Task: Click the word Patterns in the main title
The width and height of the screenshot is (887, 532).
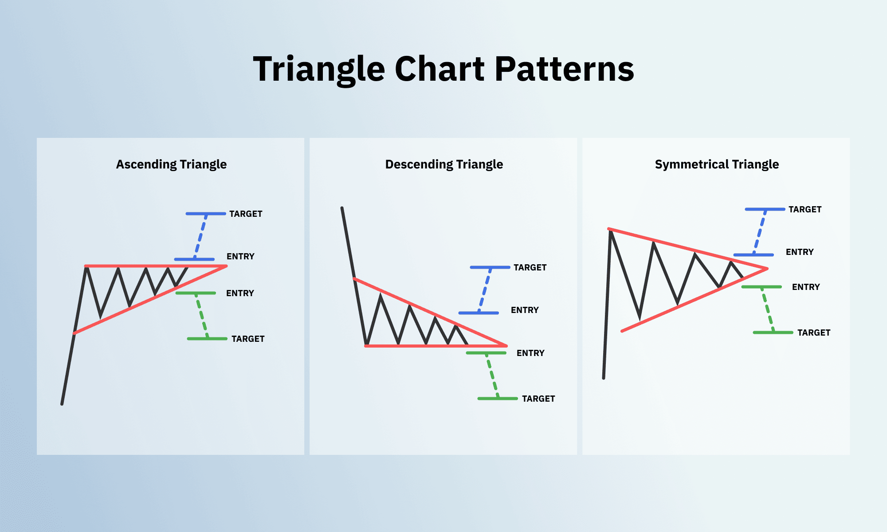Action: tap(564, 69)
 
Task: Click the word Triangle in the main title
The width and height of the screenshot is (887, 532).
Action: tap(318, 69)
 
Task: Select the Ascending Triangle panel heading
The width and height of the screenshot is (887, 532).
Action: tap(171, 164)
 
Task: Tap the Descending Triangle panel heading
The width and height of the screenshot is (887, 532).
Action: tap(444, 164)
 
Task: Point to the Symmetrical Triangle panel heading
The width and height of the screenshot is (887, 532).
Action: tap(717, 164)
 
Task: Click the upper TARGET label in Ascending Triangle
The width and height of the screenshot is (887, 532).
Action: tap(246, 214)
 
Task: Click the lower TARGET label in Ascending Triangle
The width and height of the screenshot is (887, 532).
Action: tap(248, 339)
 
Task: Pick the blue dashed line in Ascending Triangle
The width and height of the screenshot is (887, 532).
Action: tap(200, 236)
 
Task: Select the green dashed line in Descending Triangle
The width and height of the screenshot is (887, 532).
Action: tap(492, 376)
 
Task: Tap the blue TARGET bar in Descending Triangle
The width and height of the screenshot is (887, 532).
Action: tap(490, 267)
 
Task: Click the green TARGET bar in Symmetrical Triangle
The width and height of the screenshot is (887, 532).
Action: tap(773, 332)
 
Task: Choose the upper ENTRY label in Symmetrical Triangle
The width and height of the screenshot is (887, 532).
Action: tap(800, 252)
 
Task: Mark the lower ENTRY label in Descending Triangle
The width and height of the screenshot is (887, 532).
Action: tap(530, 353)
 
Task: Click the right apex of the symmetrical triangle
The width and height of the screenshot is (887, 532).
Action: tap(766, 269)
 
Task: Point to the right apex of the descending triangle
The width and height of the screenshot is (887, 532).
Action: tap(506, 345)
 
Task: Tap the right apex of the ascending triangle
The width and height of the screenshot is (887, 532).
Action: tap(226, 266)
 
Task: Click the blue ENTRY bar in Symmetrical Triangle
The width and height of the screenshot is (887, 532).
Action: tap(753, 255)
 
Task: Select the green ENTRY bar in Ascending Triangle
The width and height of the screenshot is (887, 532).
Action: tap(196, 293)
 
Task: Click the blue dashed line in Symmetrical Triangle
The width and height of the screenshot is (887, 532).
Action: tap(760, 232)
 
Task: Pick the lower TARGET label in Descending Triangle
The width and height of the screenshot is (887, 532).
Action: tap(538, 399)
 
